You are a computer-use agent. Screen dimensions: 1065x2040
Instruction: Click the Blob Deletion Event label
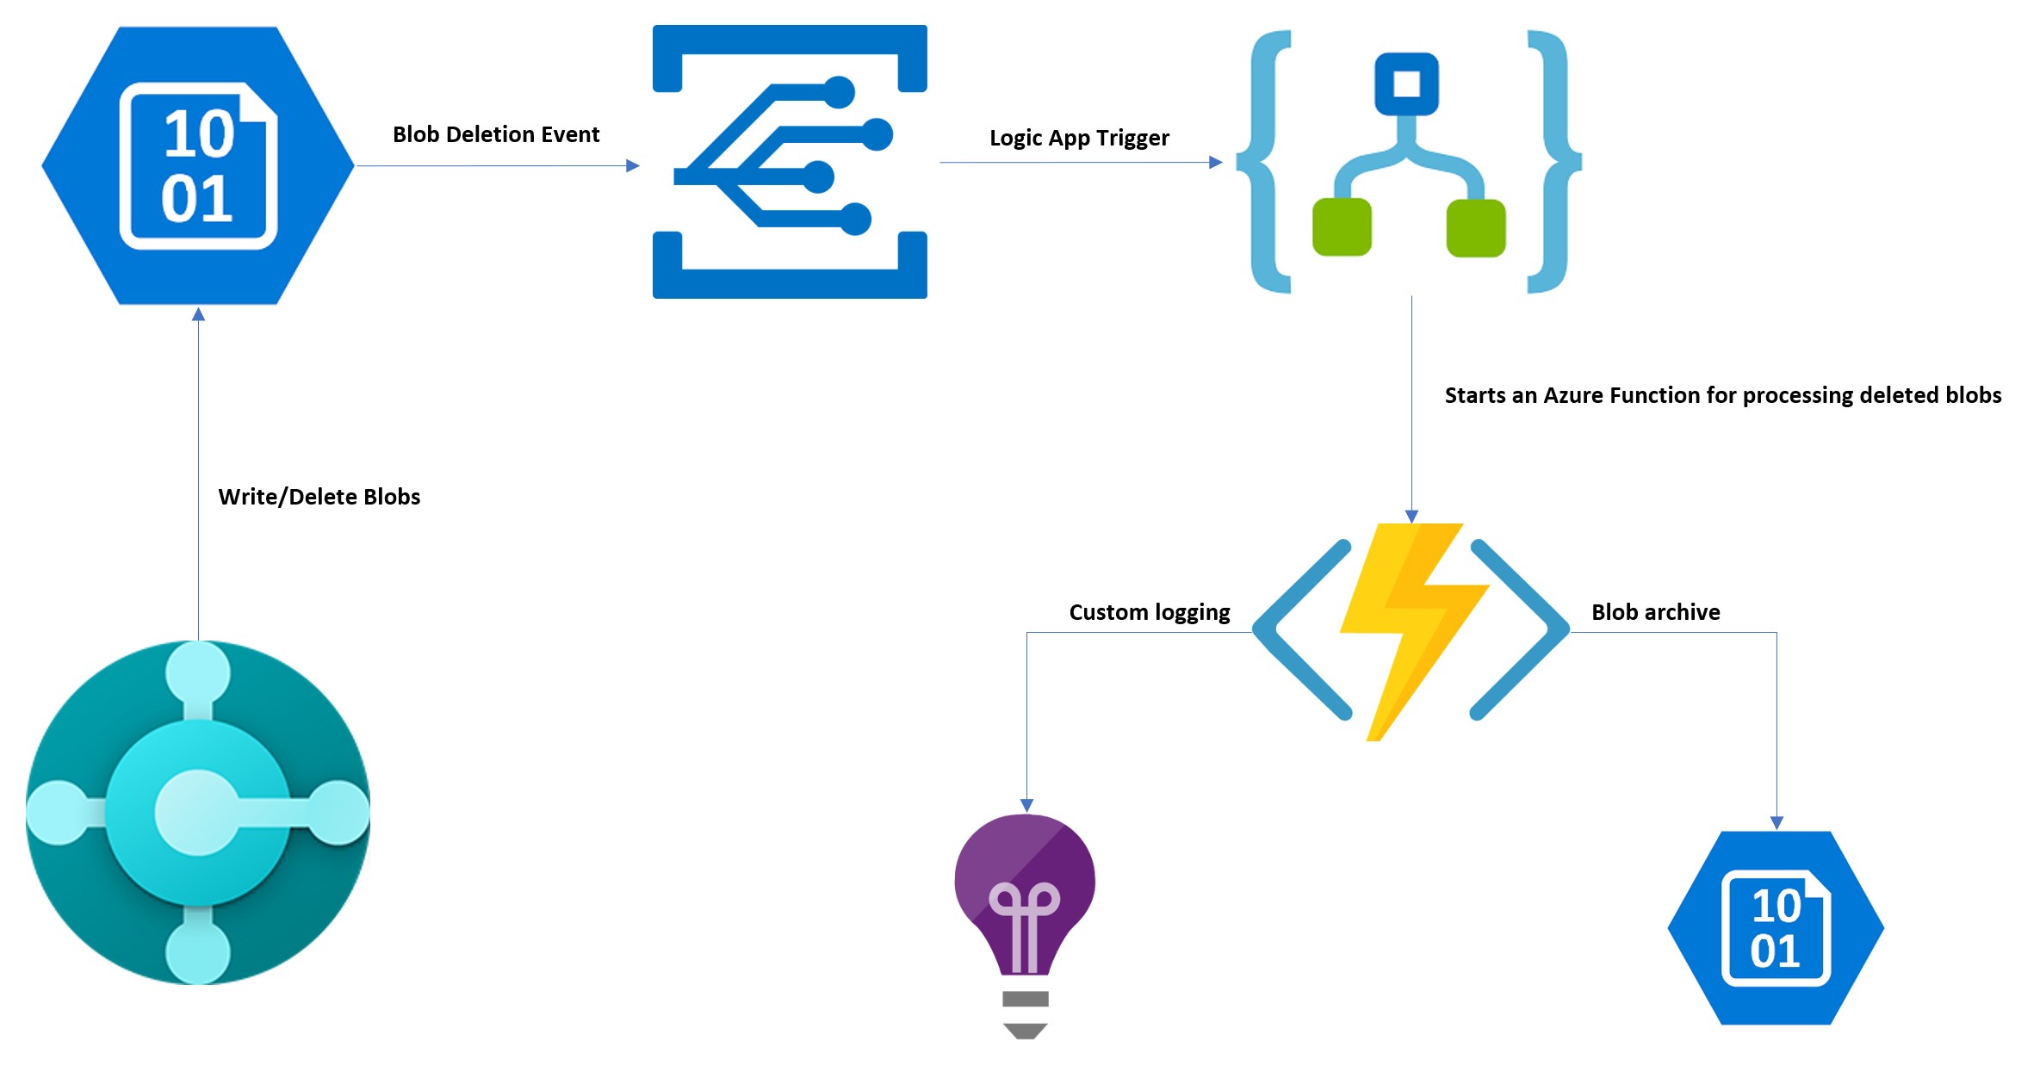[495, 134]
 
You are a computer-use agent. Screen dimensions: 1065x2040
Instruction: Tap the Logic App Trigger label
[1079, 138]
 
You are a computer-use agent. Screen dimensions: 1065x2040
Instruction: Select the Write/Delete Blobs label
[319, 497]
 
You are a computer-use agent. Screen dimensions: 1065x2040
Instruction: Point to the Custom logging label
[1149, 612]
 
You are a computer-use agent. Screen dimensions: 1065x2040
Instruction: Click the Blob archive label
[1655, 612]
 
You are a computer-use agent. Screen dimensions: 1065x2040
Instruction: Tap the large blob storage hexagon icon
[198, 165]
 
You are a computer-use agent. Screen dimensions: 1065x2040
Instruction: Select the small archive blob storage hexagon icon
[1776, 927]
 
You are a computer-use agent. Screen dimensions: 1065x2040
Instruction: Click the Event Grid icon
[790, 162]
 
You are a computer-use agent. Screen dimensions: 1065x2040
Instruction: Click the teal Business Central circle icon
[198, 812]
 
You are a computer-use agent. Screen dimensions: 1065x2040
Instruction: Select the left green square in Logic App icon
[1342, 227]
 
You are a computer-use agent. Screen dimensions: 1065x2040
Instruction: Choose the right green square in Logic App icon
[1476, 228]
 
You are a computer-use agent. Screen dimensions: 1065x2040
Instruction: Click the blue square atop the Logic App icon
[1406, 84]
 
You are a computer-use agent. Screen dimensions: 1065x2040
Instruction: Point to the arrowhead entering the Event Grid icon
[633, 165]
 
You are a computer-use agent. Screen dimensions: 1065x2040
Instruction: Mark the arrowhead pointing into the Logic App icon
[1216, 162]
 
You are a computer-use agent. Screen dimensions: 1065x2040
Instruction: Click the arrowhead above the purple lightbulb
[1026, 805]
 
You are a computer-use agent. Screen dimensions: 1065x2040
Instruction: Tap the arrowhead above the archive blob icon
[1776, 823]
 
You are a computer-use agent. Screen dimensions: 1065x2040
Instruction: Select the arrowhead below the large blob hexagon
[198, 315]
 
